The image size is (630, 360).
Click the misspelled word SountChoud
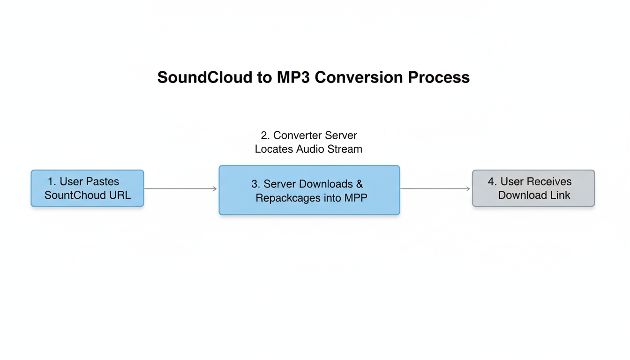[75, 195]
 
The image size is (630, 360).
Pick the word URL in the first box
[120, 195]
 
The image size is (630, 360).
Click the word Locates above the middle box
[274, 149]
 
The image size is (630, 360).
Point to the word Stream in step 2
[345, 149]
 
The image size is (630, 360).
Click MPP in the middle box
[356, 198]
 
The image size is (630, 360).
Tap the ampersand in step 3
[360, 184]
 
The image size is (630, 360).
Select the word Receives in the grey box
[549, 181]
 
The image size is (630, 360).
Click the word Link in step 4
[560, 195]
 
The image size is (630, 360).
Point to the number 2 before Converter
[264, 135]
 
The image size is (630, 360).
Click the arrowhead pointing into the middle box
[215, 189]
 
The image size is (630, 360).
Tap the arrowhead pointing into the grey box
[468, 189]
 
